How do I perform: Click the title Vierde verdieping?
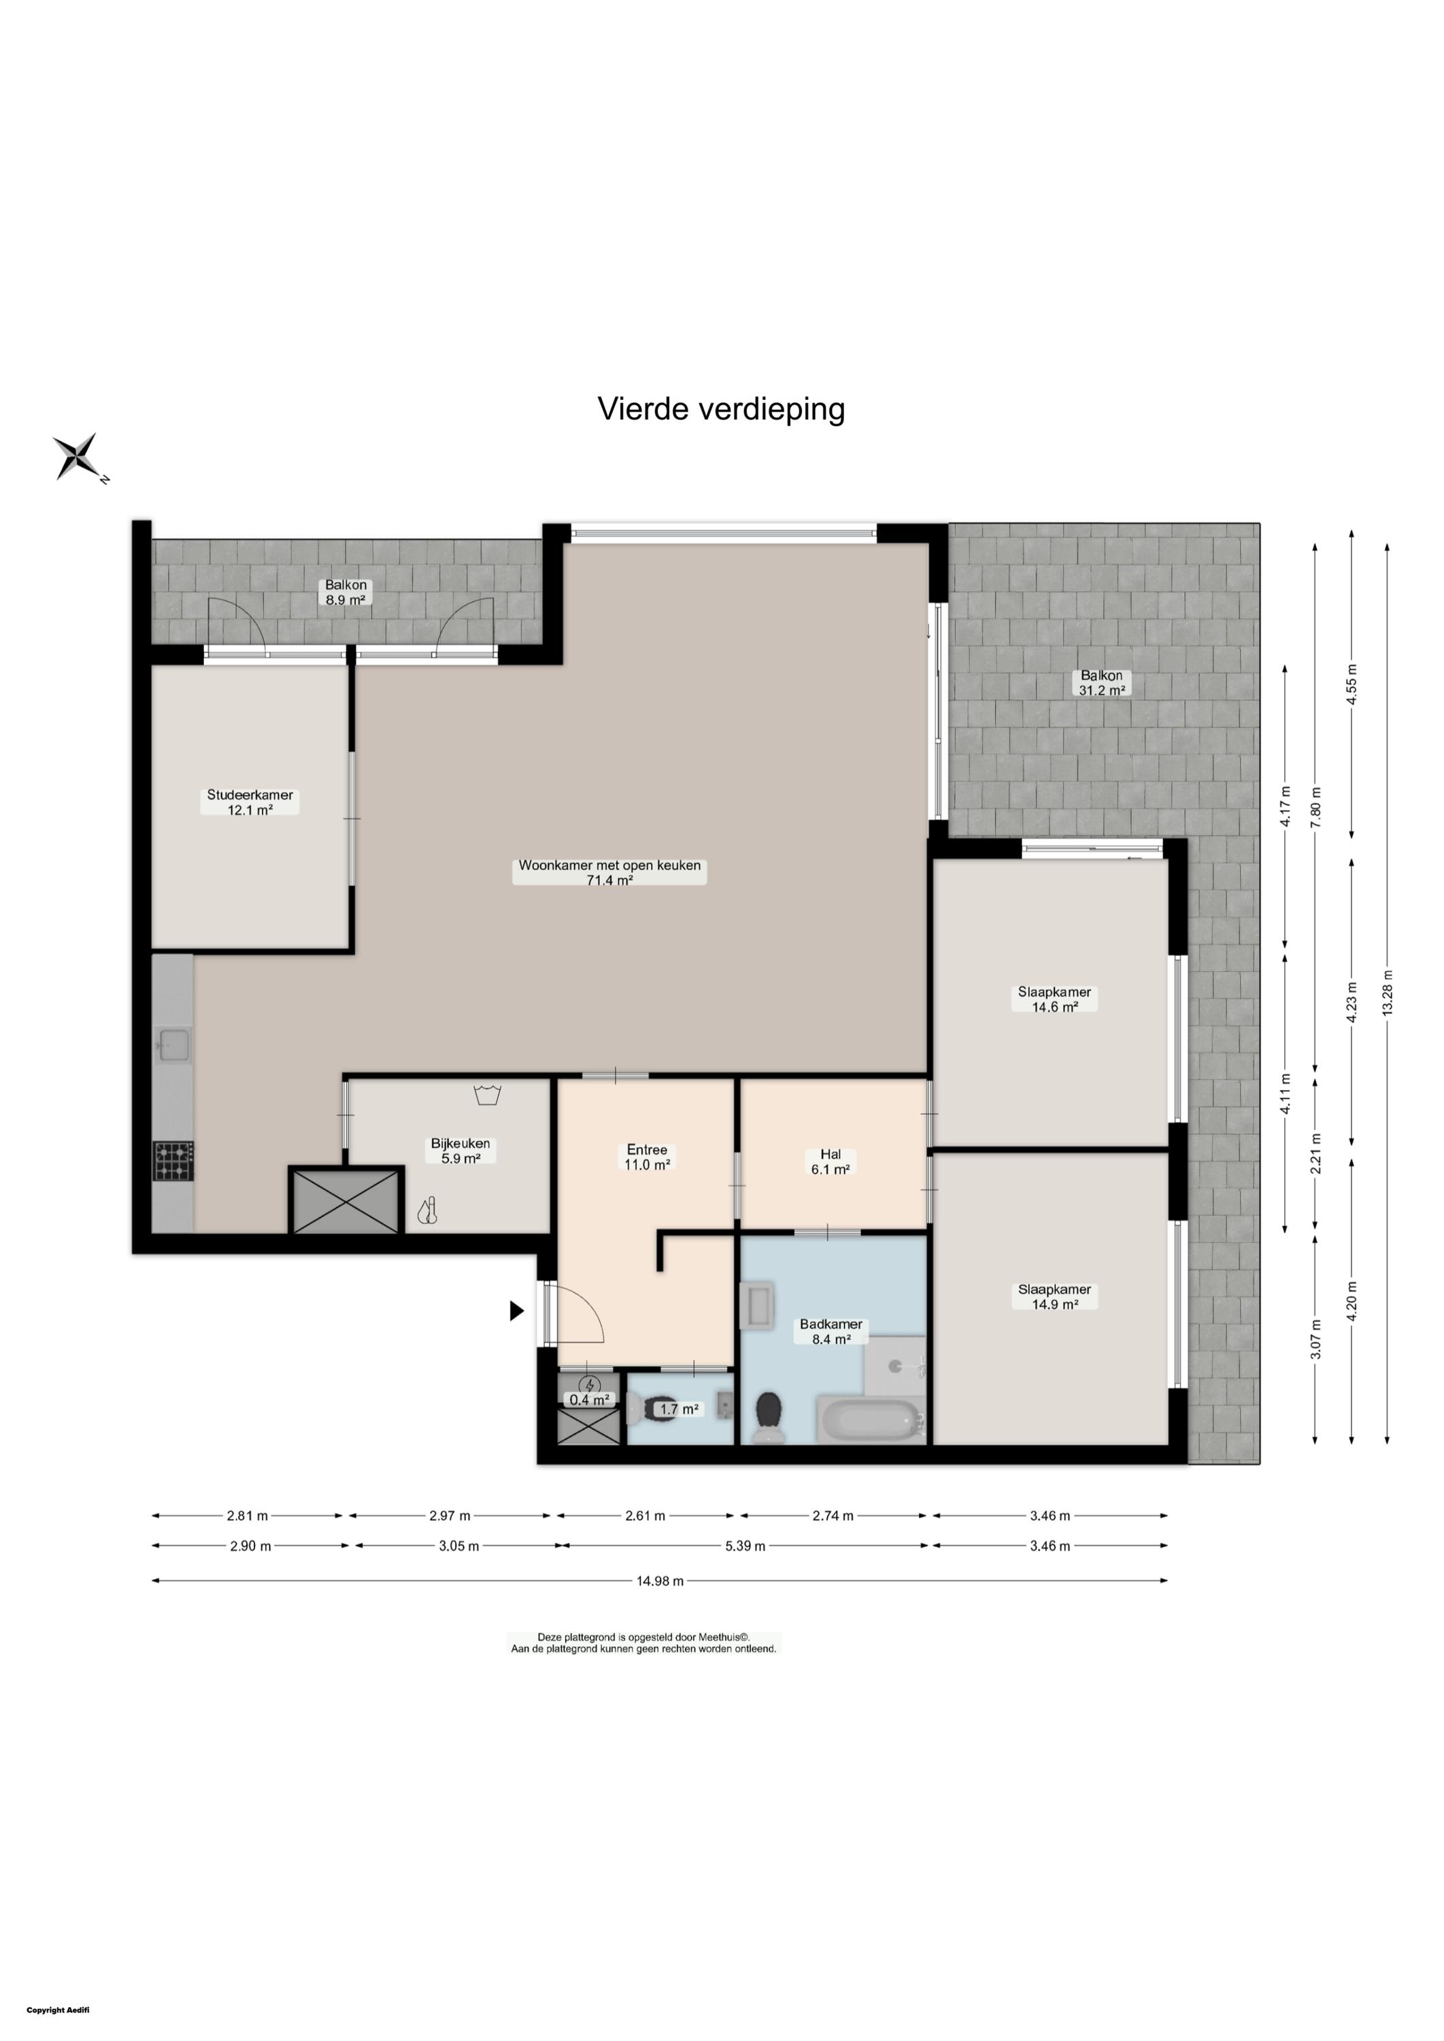[x=721, y=409]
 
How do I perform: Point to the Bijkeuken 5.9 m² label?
[x=460, y=1151]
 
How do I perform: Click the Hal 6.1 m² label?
[x=830, y=1161]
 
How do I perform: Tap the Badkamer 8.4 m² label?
[x=830, y=1331]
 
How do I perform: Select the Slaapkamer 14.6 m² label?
[x=1054, y=999]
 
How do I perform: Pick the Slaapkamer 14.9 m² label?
[x=1054, y=1297]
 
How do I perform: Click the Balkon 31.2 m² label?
[x=1103, y=683]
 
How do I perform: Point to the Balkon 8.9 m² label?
[x=346, y=593]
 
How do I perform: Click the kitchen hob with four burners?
[x=173, y=1161]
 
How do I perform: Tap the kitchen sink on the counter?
[x=173, y=1045]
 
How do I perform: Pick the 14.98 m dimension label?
[x=660, y=1581]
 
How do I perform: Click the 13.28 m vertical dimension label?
[x=1388, y=993]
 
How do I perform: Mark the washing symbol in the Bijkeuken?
[x=486, y=1095]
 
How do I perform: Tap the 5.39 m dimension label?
[x=745, y=1546]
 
